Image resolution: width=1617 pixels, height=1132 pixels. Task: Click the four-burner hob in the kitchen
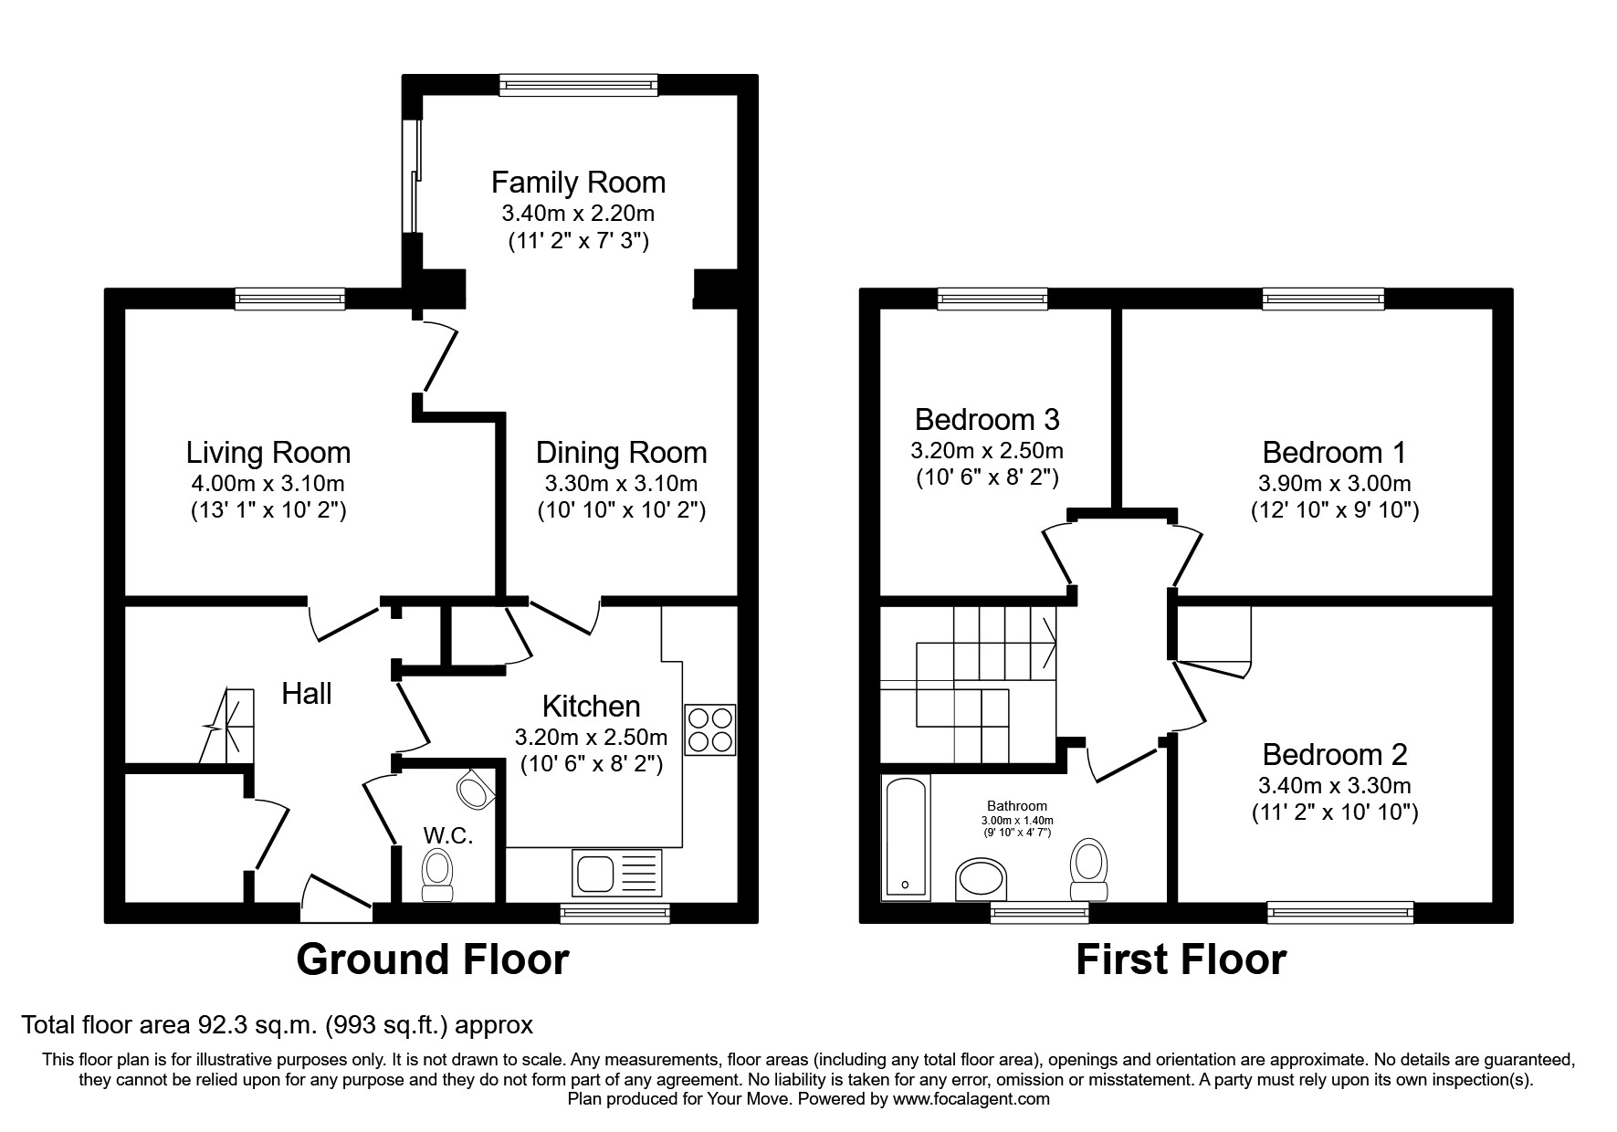[709, 729]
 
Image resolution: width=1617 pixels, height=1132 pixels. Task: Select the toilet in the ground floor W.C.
[437, 875]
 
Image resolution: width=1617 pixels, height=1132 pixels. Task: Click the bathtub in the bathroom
[906, 837]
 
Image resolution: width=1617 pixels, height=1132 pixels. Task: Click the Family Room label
[578, 183]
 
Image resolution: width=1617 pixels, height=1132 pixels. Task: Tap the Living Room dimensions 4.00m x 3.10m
[268, 483]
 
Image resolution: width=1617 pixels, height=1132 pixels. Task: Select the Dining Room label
[621, 453]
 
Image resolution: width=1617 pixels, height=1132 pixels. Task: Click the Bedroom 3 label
[987, 420]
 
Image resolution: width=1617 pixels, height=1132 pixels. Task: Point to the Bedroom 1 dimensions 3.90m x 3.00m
[1334, 483]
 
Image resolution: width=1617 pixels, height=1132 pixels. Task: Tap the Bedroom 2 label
[1334, 754]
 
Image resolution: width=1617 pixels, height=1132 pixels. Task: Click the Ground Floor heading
[432, 959]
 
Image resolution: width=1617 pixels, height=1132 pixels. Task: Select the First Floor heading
[1181, 959]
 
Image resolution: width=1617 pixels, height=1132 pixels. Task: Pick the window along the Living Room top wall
[289, 299]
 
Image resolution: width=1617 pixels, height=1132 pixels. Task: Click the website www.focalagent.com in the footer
[971, 1099]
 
